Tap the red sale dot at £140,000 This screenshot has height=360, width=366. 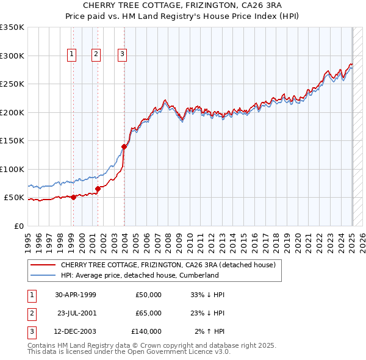coord(124,146)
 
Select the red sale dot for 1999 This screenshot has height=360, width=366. coord(74,197)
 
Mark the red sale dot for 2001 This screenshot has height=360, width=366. coord(98,189)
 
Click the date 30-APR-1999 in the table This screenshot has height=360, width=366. coord(76,295)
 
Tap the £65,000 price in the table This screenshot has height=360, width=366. coord(148,313)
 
